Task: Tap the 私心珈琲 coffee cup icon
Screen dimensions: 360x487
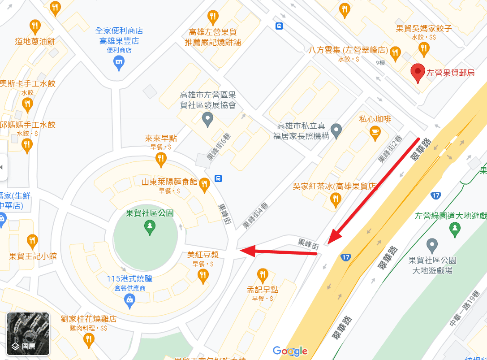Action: pos(375,132)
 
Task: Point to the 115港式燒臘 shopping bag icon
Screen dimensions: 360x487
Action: pos(129,300)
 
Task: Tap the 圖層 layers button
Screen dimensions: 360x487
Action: pos(28,334)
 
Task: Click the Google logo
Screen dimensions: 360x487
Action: pos(290,351)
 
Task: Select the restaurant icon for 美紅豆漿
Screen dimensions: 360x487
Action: pos(203,275)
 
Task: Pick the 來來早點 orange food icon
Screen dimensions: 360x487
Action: pos(161,159)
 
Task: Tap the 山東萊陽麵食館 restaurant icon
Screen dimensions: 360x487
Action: pos(204,183)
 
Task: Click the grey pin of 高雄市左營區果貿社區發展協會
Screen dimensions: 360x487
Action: pos(207,119)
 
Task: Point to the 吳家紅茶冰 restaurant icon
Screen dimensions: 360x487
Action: pos(335,199)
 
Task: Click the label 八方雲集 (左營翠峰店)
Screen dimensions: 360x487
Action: pos(348,50)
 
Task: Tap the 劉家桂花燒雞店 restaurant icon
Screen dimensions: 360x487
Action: pos(89,340)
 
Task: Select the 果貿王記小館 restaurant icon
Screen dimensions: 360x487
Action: pos(32,242)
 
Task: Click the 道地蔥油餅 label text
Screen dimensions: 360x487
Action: pos(35,42)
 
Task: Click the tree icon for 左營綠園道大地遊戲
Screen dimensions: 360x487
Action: pos(455,229)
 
